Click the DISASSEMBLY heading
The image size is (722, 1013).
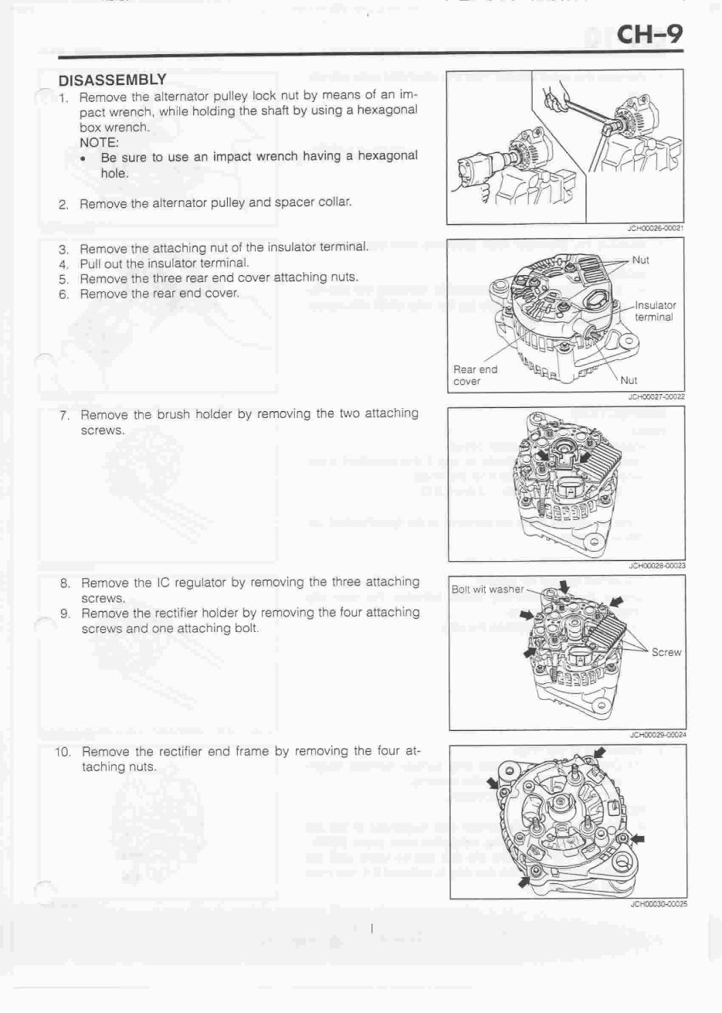(x=112, y=79)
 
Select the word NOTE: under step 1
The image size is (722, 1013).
(x=99, y=142)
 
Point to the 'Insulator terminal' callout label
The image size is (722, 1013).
(x=655, y=311)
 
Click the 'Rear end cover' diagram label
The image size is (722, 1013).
(x=475, y=375)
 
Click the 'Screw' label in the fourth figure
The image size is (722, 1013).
(x=666, y=652)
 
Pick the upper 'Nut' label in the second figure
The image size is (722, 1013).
(x=640, y=260)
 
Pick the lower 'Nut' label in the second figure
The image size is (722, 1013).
(x=629, y=380)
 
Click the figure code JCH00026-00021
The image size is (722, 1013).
(x=656, y=228)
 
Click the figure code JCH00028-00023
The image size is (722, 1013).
(x=657, y=566)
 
